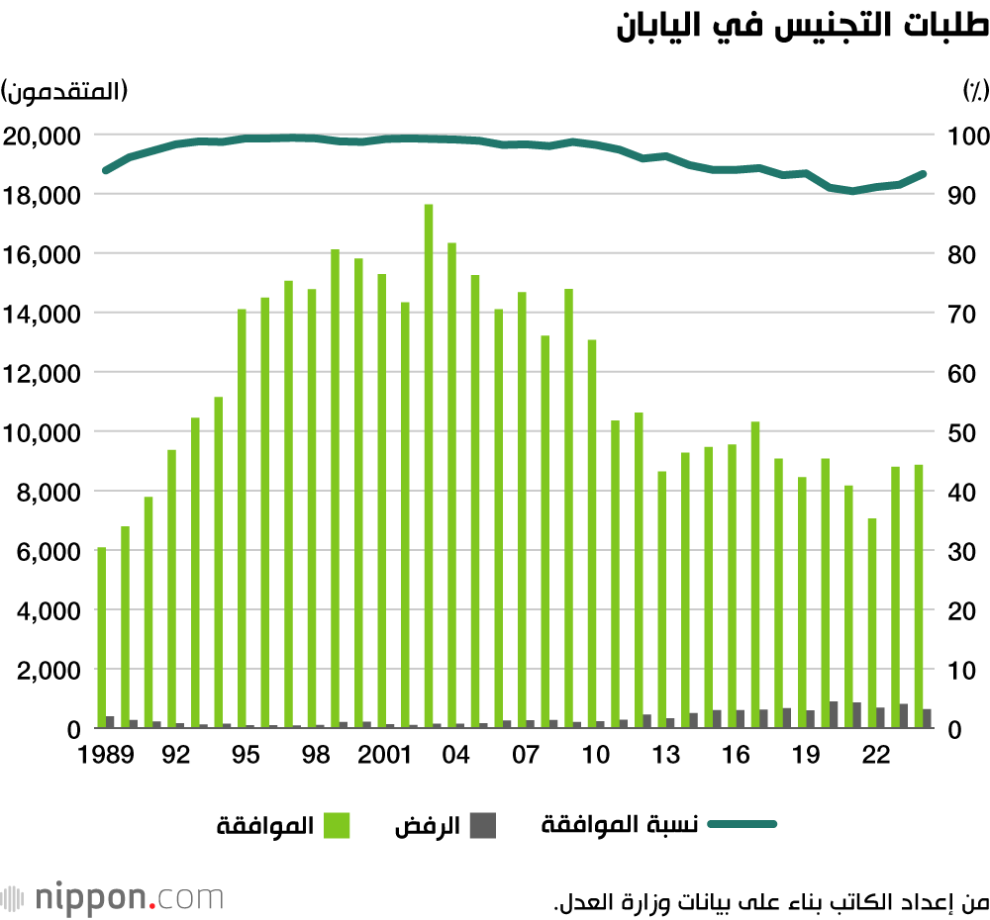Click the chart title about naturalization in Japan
[802, 27]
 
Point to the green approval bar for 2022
[872, 623]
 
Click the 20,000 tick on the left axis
[44, 136]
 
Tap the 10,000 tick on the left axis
[44, 432]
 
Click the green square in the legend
[338, 825]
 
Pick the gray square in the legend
[482, 825]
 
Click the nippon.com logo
[113, 899]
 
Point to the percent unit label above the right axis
[976, 91]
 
